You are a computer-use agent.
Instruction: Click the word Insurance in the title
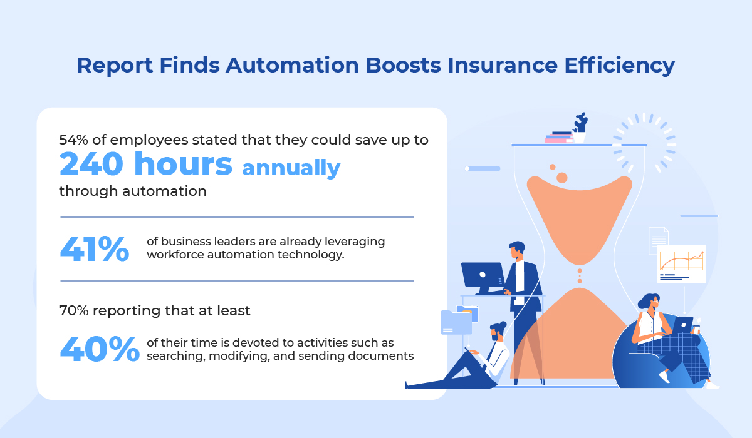click(x=502, y=65)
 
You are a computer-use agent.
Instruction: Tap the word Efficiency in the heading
click(x=619, y=66)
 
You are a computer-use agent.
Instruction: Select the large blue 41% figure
click(x=95, y=248)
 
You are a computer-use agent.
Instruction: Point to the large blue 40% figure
click(x=100, y=349)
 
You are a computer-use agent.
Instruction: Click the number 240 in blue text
click(x=91, y=164)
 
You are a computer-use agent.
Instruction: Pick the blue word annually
click(x=291, y=168)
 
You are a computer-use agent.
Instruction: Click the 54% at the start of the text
click(x=73, y=140)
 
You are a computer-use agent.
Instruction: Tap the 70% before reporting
click(x=74, y=310)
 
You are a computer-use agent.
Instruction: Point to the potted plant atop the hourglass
click(x=580, y=128)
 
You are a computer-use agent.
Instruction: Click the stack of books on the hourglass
click(x=558, y=138)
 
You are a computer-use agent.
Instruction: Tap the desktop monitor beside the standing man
click(x=483, y=278)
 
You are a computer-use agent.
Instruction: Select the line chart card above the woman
click(x=681, y=263)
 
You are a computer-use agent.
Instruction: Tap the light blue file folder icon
click(x=456, y=322)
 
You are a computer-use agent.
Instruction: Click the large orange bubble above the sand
click(x=561, y=178)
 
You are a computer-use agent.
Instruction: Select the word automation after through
click(x=164, y=191)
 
